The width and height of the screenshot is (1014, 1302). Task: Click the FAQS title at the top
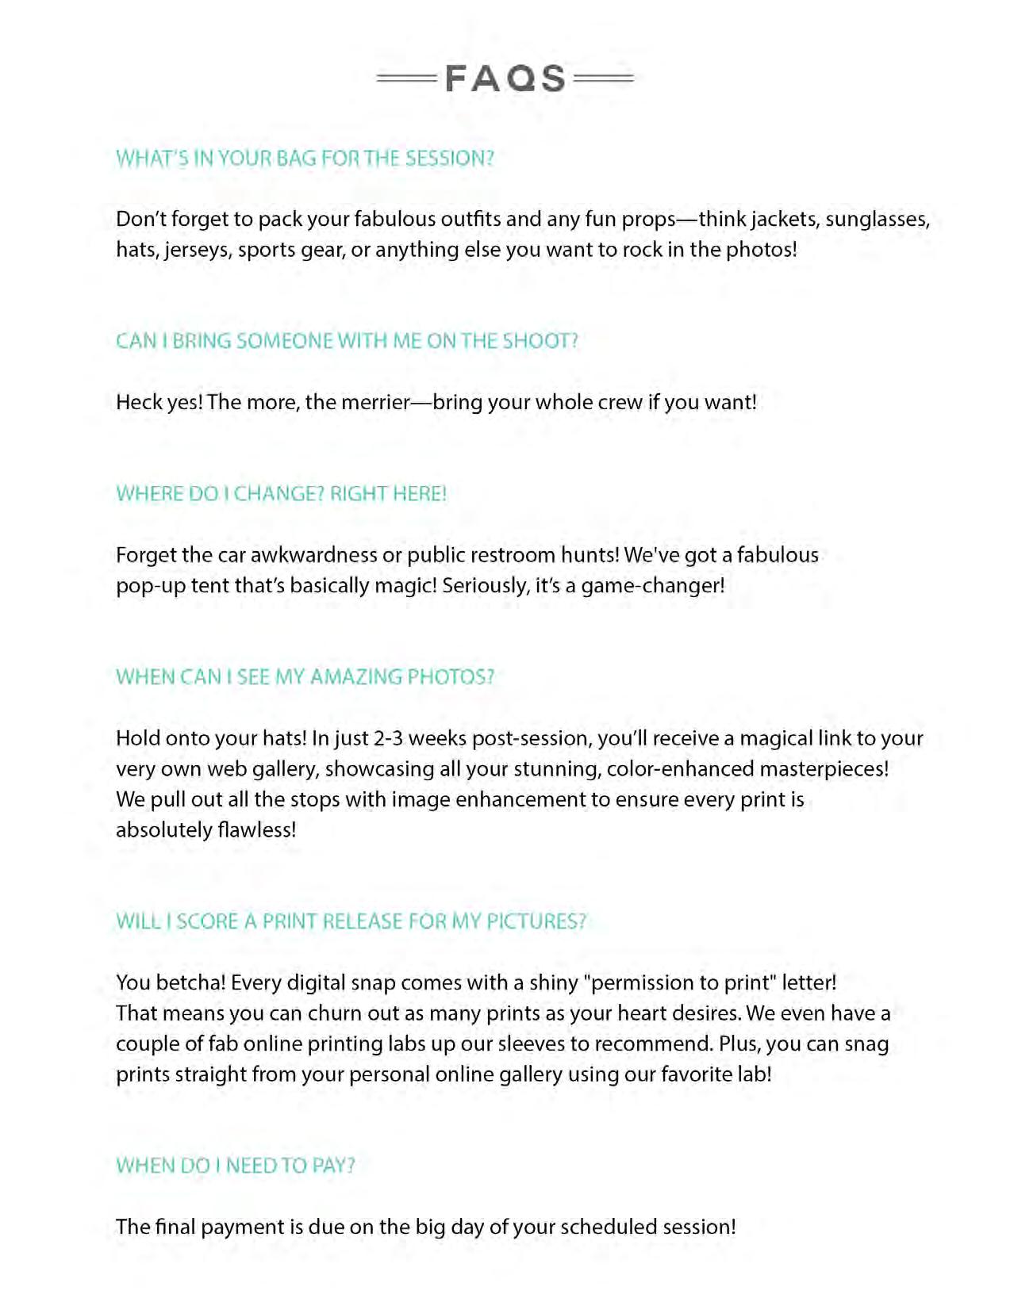point(505,79)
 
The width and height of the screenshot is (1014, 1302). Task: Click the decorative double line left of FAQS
point(406,79)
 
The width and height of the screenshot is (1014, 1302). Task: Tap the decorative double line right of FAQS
point(603,79)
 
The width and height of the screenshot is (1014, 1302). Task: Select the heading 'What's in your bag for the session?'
point(305,159)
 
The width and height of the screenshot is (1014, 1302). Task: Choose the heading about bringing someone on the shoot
point(347,341)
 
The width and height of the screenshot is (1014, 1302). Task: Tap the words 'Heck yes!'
point(159,402)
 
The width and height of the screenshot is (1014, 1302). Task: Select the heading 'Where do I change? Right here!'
point(281,494)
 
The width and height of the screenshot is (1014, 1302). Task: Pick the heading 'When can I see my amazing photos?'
point(305,677)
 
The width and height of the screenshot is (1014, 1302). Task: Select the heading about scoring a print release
point(351,921)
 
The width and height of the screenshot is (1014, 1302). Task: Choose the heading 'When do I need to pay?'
point(235,1166)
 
